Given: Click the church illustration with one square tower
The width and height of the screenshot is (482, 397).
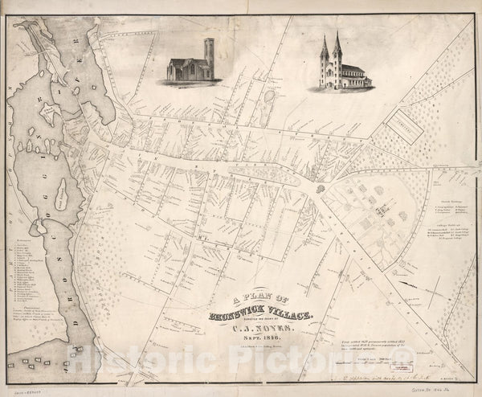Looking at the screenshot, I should [x=191, y=63].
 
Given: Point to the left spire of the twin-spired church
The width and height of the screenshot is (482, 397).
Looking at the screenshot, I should [x=325, y=50].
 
